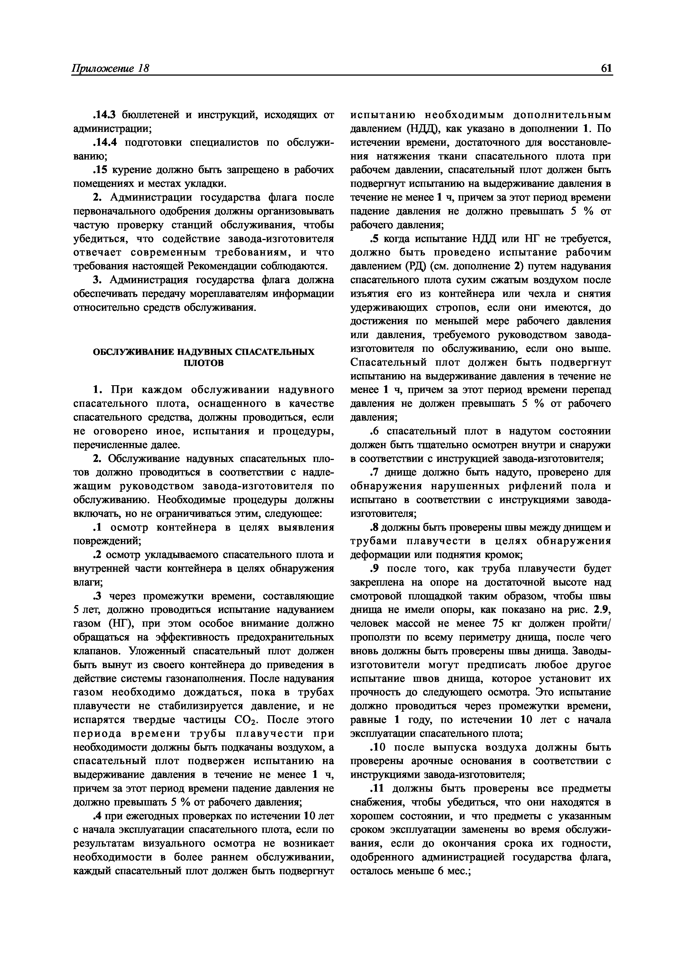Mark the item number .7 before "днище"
(374, 473)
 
